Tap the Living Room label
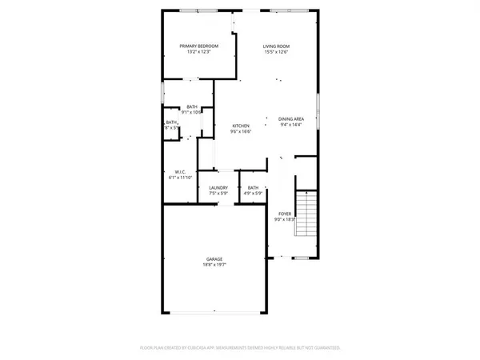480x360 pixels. (276, 46)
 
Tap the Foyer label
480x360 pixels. (285, 214)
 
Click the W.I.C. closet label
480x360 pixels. (181, 172)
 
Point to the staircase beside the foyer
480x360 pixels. (306, 214)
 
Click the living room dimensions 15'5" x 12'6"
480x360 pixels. (276, 52)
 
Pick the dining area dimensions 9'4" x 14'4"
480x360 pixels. (292, 124)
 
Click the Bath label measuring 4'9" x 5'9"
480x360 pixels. (253, 189)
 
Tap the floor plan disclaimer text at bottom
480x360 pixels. (240, 348)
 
